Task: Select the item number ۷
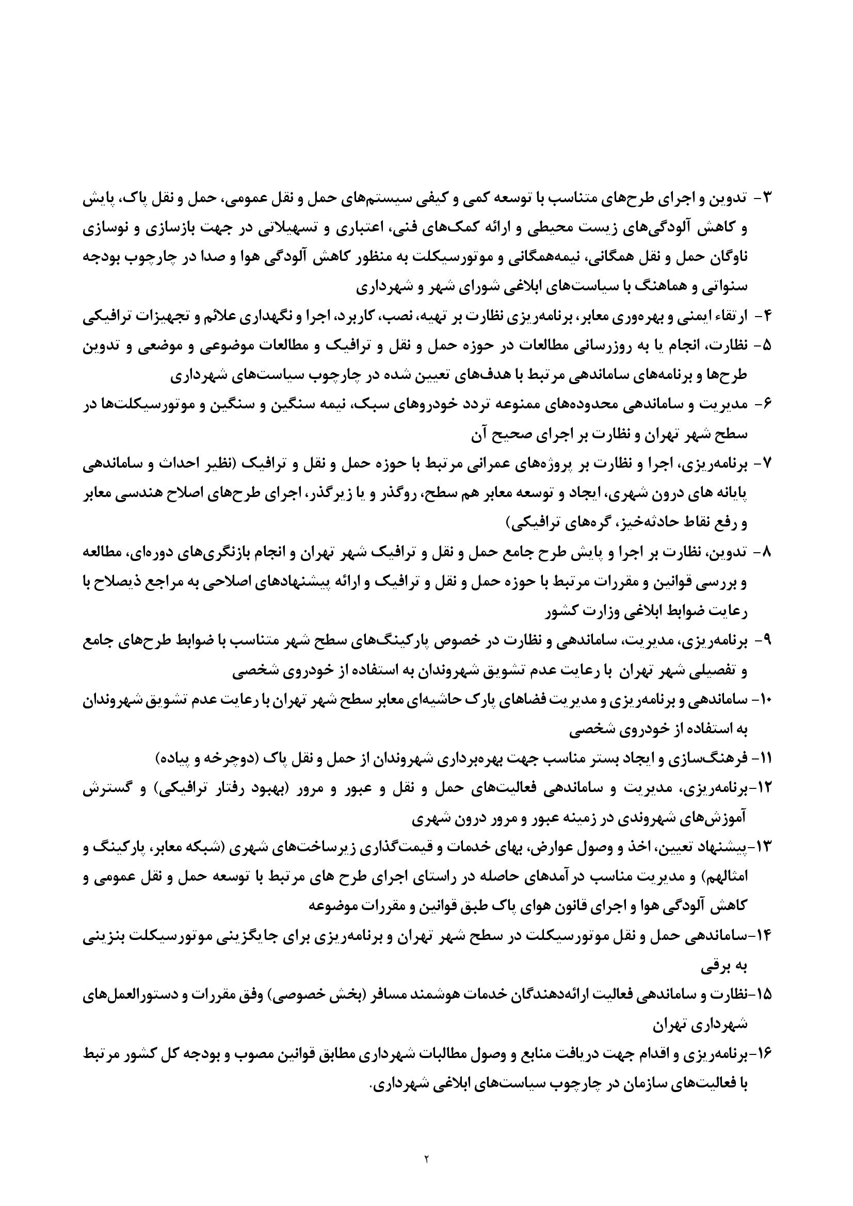tap(765, 464)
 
